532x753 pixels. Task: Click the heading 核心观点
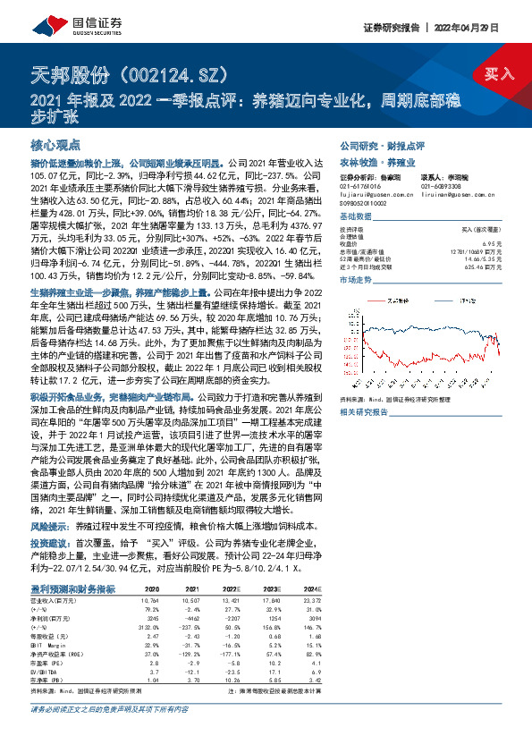click(x=56, y=145)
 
